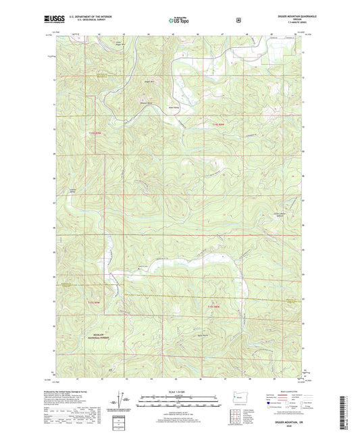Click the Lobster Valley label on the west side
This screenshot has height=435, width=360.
point(72,190)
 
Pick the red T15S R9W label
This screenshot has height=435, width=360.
point(94,302)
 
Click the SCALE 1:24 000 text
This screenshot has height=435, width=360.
point(177,392)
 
